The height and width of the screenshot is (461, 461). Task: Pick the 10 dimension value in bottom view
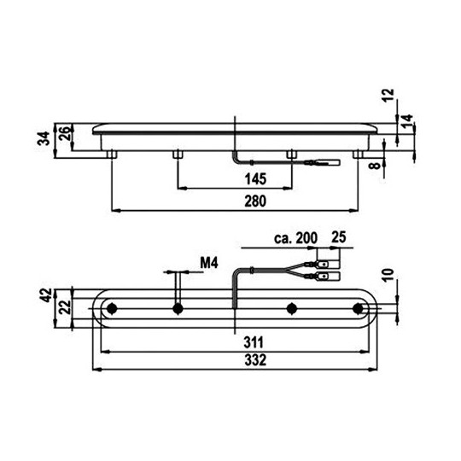tap(390, 274)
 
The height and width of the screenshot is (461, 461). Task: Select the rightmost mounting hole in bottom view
tap(356, 307)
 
